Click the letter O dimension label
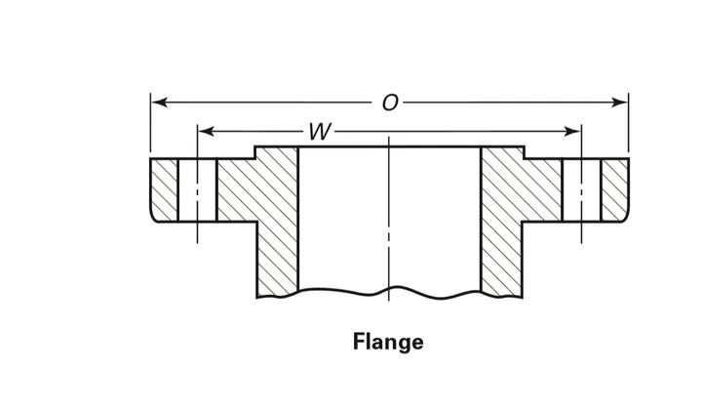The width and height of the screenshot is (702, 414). [390, 103]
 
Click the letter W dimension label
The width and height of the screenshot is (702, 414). [320, 132]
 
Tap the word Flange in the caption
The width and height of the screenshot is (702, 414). [388, 342]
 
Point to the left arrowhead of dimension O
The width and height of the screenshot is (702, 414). [159, 103]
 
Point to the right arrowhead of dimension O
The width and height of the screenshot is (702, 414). [620, 103]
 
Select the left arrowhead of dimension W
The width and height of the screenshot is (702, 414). [206, 132]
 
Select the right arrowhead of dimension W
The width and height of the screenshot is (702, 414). [572, 132]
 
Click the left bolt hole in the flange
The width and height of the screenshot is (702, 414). [197, 190]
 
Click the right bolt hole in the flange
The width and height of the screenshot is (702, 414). [581, 190]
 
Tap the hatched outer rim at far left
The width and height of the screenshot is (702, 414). [165, 190]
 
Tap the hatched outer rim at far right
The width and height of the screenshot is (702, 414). [615, 190]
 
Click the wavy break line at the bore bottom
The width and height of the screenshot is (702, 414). [389, 293]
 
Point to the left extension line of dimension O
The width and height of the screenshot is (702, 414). [150, 122]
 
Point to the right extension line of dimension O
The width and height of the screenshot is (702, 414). [629, 122]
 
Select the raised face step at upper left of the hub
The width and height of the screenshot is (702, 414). [255, 152]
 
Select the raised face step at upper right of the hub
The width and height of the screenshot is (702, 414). [525, 152]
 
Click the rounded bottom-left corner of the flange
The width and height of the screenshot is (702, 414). [153, 219]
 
